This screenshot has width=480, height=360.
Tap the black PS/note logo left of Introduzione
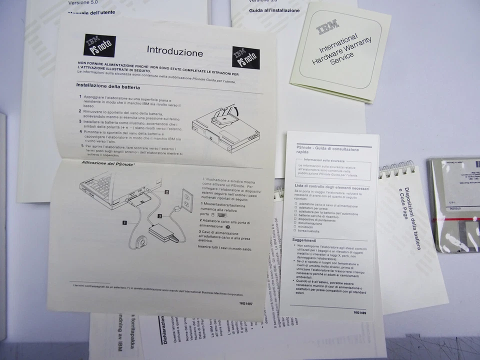[99, 45]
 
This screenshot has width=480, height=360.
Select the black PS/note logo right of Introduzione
[245, 57]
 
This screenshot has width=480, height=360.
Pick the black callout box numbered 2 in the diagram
[167, 191]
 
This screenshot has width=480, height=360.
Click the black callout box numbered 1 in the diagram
[123, 223]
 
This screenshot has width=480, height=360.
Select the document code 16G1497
[245, 303]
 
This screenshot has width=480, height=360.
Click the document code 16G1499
[359, 312]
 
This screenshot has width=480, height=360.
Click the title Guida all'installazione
[274, 10]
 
